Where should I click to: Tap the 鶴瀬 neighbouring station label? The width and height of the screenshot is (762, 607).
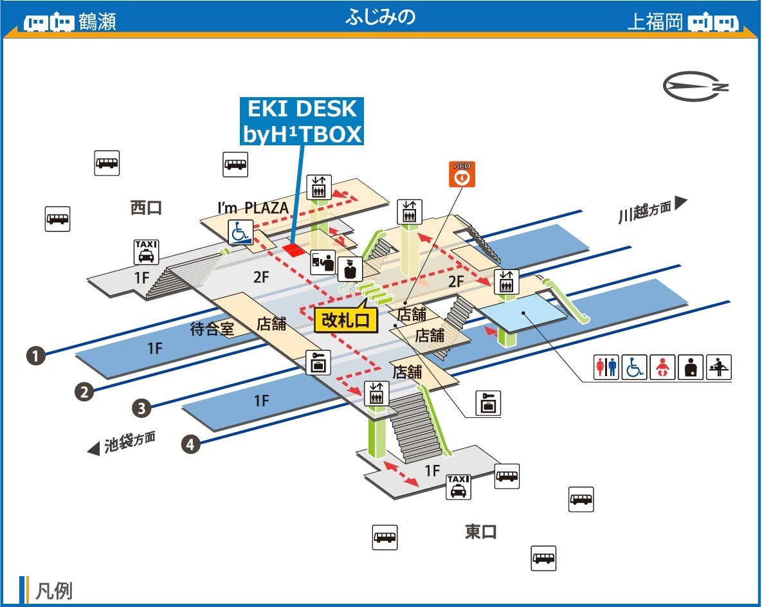tap(97, 22)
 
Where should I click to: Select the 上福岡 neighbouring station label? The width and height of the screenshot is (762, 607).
tap(654, 22)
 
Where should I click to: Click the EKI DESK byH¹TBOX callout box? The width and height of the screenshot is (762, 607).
tap(302, 122)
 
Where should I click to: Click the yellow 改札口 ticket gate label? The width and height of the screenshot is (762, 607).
tap(346, 320)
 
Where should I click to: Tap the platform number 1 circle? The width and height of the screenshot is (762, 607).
tap(35, 356)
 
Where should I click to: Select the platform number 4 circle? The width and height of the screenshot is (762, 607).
tap(190, 444)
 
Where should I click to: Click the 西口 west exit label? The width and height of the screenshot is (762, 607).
tap(146, 208)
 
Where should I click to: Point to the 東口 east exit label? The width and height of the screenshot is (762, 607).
tap(481, 532)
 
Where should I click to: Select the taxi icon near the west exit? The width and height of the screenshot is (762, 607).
tap(146, 251)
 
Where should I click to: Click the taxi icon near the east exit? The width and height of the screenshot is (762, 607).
tap(458, 486)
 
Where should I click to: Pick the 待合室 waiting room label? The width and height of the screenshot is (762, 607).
tap(212, 329)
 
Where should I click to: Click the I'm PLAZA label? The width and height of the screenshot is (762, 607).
tap(253, 208)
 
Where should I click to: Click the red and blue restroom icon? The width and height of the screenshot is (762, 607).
tap(606, 368)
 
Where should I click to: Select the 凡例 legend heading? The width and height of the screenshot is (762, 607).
tap(53, 591)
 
